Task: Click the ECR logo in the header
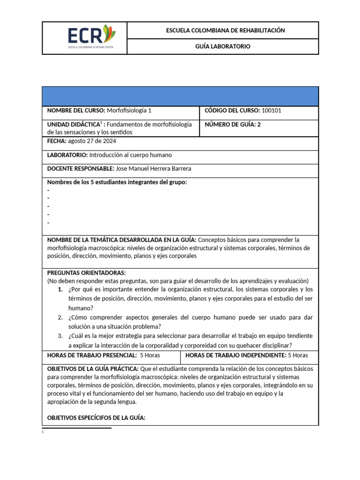(x=91, y=37)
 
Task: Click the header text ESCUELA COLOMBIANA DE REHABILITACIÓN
(x=225, y=30)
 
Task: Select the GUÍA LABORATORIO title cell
(x=223, y=46)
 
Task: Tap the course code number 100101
(x=271, y=111)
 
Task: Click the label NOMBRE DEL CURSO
(x=76, y=111)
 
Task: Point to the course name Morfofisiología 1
(x=129, y=111)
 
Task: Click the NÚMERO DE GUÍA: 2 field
(x=232, y=124)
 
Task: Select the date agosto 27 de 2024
(x=92, y=141)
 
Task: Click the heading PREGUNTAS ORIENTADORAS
(x=87, y=273)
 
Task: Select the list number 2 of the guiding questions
(x=60, y=317)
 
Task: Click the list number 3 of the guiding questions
(x=60, y=336)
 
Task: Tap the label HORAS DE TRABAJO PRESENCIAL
(x=92, y=355)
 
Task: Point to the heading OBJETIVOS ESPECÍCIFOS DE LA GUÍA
(x=97, y=417)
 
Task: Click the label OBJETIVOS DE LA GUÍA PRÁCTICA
(x=93, y=368)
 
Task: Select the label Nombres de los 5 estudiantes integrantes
(x=117, y=182)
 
